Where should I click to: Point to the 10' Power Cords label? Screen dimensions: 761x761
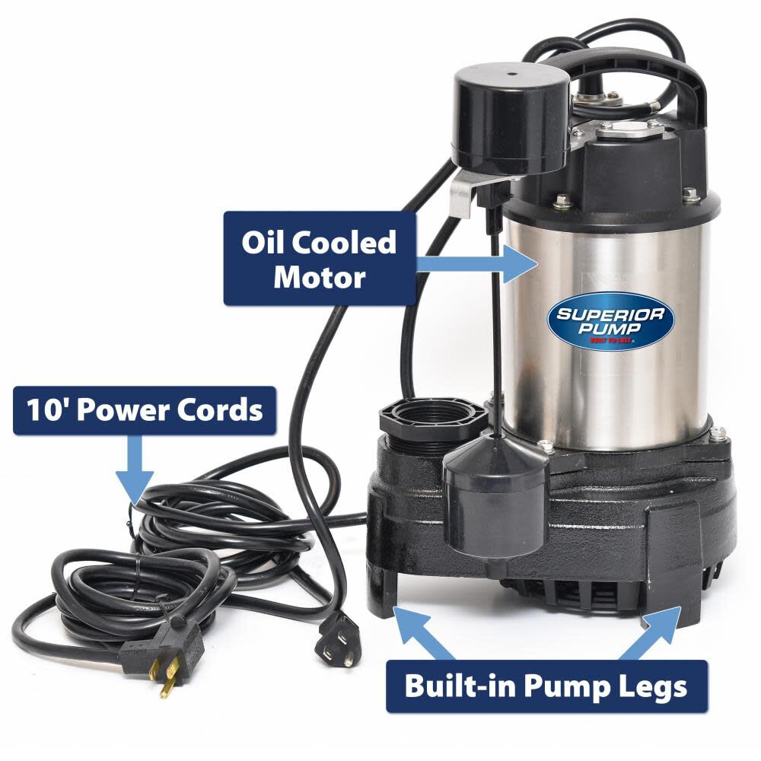pos(145,410)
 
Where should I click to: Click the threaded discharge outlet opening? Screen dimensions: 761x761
pos(432,419)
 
